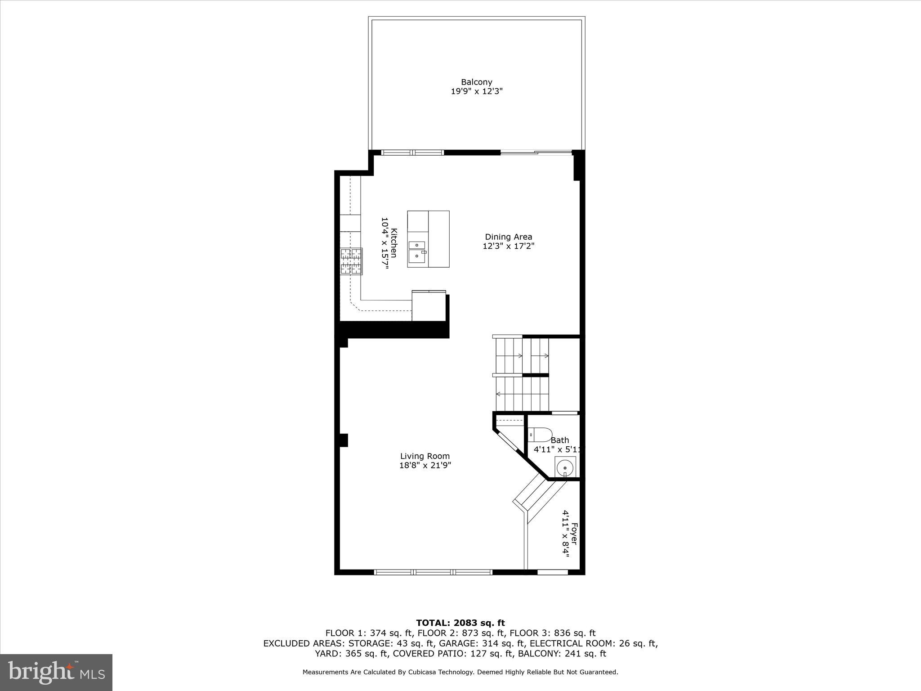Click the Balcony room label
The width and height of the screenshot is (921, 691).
click(x=476, y=82)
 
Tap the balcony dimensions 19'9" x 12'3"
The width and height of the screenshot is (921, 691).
click(x=476, y=91)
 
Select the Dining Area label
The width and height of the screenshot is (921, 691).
click(x=508, y=237)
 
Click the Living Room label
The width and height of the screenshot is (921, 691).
click(x=425, y=456)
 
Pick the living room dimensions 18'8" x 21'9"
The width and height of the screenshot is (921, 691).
click(x=425, y=466)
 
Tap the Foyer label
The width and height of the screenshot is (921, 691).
click(x=574, y=534)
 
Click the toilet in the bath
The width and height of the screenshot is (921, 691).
click(x=539, y=435)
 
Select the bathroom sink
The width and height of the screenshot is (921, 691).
click(x=565, y=468)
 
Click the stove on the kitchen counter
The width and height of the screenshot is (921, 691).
click(x=351, y=261)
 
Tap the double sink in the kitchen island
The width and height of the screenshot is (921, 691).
click(x=417, y=251)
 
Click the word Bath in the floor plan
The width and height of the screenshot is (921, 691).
click(x=559, y=440)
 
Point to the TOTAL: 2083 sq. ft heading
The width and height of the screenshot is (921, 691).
click(x=460, y=623)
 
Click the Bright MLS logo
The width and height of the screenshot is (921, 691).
click(x=56, y=672)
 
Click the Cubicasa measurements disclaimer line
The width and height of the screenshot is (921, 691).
click(x=460, y=672)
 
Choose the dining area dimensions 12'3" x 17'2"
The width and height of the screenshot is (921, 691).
click(x=508, y=246)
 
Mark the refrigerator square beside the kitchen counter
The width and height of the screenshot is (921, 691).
click(x=429, y=307)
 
